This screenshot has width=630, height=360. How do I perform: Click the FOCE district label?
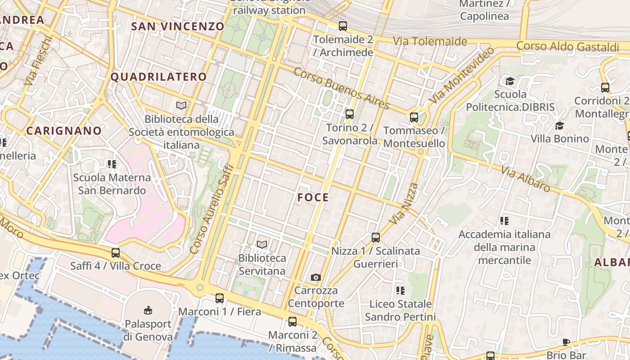pyautogui.click(x=313, y=198)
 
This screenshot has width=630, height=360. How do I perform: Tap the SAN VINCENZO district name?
pyautogui.click(x=177, y=27)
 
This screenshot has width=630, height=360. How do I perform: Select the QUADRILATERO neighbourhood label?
pyautogui.click(x=158, y=77)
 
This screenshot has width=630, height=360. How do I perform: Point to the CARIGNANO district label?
pyautogui.click(x=64, y=131)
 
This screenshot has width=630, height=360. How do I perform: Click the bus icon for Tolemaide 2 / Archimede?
pyautogui.click(x=343, y=26)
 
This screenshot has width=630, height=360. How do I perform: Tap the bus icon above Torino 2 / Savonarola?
pyautogui.click(x=350, y=114)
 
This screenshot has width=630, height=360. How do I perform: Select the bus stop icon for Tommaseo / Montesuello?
pyautogui.click(x=414, y=118)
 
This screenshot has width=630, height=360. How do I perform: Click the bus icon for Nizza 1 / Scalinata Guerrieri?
pyautogui.click(x=376, y=237)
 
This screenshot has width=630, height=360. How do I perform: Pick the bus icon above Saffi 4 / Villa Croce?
pyautogui.click(x=116, y=253)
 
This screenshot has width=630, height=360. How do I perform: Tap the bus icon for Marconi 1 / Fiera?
pyautogui.click(x=220, y=298)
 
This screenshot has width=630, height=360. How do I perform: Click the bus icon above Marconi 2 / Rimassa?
pyautogui.click(x=292, y=321)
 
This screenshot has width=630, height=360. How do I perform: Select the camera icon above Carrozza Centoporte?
pyautogui.click(x=316, y=277)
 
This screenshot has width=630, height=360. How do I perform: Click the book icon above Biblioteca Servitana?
pyautogui.click(x=262, y=245)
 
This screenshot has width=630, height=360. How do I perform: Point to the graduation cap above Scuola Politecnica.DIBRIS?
pyautogui.click(x=510, y=81)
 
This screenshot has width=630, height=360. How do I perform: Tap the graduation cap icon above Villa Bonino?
pyautogui.click(x=559, y=126)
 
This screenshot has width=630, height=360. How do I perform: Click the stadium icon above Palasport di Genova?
pyautogui.click(x=148, y=310)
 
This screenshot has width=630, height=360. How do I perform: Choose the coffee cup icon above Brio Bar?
pyautogui.click(x=566, y=342)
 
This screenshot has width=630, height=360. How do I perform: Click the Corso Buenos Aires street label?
pyautogui.click(x=342, y=89)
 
